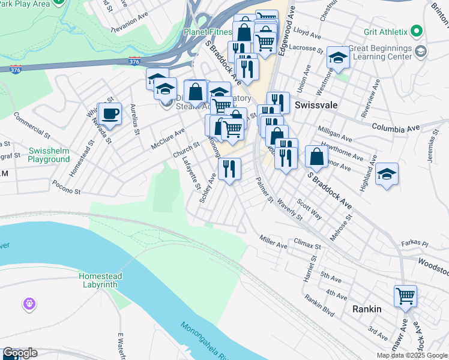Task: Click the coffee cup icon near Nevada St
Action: pos(110,113)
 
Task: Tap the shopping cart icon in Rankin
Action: pos(405,296)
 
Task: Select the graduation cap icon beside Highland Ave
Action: pos(387,175)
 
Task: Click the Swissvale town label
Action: pos(316,104)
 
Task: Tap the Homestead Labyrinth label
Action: pos(100,280)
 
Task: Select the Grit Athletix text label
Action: pos(385,32)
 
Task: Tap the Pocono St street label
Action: pos(65,187)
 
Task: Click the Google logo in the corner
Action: pos(19,353)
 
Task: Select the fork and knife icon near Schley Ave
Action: pos(229,169)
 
